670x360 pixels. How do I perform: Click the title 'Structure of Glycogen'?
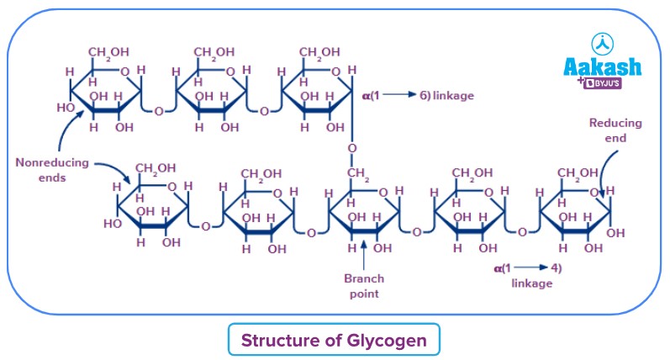click(x=335, y=340)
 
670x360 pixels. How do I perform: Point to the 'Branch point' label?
click(x=362, y=286)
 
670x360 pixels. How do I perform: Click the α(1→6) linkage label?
click(x=419, y=96)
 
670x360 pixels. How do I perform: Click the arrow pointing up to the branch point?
click(x=362, y=253)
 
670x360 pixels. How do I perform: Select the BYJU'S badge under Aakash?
click(x=606, y=84)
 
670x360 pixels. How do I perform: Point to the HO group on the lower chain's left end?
click(x=111, y=225)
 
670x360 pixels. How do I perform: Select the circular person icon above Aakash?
click(x=602, y=41)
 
